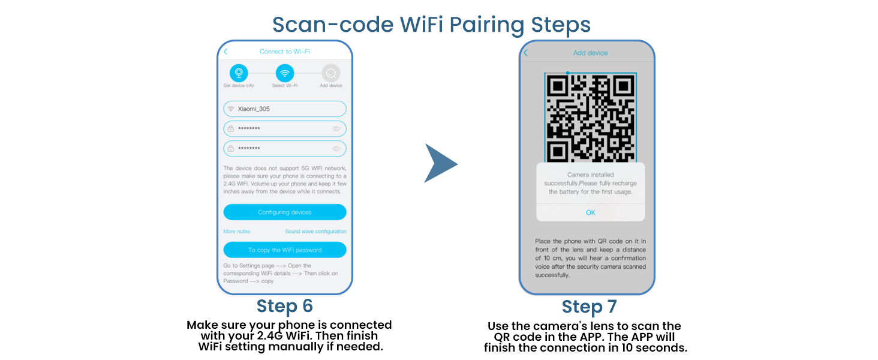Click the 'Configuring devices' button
(x=285, y=212)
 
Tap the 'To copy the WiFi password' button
(x=285, y=250)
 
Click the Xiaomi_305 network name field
(x=285, y=109)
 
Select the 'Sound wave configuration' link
(x=315, y=232)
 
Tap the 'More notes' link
(x=236, y=232)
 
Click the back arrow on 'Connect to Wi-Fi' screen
(x=226, y=52)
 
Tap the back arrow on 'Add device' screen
(x=526, y=53)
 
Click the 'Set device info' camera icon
(x=239, y=73)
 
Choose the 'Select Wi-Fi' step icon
(x=285, y=73)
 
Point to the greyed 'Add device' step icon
(x=330, y=73)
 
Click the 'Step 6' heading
(x=285, y=306)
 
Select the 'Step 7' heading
(x=589, y=307)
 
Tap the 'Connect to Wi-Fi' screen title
(x=285, y=52)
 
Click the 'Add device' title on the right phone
(x=590, y=53)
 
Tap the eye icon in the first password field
(x=336, y=128)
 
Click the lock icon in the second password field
(x=231, y=148)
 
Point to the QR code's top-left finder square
(x=559, y=86)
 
